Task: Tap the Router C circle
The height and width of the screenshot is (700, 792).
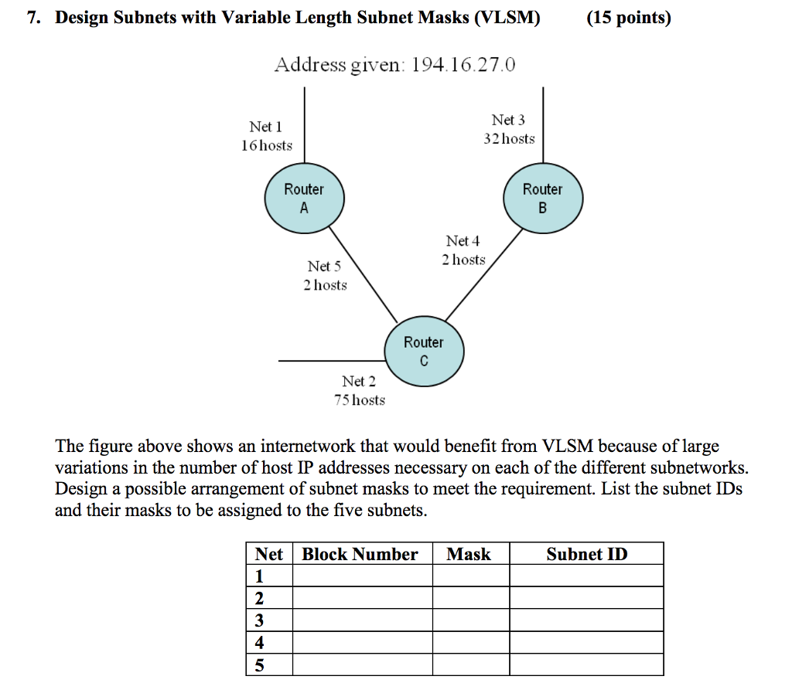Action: pos(424,352)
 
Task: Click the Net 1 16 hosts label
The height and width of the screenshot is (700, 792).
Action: pos(266,136)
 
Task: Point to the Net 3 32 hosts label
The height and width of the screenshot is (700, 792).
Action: pos(508,129)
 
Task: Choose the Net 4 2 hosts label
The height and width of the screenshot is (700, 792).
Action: pos(463,250)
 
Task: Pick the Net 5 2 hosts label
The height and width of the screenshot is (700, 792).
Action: pos(325,276)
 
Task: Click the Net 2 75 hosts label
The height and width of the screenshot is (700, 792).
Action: pos(359,390)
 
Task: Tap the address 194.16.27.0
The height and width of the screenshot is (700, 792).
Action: pos(463,65)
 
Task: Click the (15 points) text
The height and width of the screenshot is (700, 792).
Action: pos(628,18)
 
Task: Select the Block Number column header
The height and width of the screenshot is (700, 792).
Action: pos(360,554)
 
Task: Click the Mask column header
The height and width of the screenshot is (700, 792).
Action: pos(469,554)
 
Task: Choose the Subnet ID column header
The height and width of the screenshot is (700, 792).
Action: pos(586,554)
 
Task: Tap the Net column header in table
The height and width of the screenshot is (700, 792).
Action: pos(268,554)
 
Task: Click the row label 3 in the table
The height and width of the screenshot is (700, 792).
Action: pos(259,620)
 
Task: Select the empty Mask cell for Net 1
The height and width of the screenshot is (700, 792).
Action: pos(470,576)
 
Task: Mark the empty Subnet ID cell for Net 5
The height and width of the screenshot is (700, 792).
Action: pos(586,664)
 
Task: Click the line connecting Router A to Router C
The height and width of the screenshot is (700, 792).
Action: pos(364,274)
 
